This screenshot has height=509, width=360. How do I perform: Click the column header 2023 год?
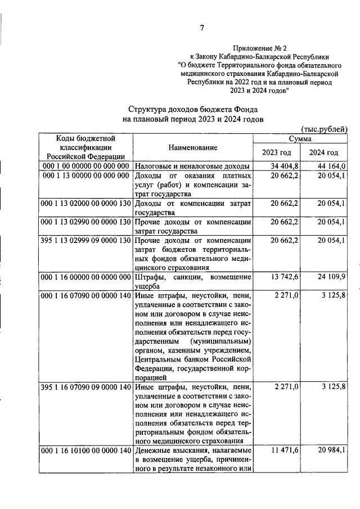(x=277, y=152)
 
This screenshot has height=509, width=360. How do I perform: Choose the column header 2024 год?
(x=324, y=152)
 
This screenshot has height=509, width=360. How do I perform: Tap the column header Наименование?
(x=192, y=147)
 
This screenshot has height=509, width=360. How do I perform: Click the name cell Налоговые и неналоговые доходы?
(x=192, y=166)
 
